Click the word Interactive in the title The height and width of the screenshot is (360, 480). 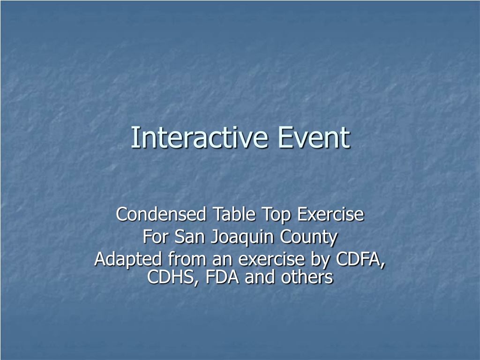click(x=200, y=137)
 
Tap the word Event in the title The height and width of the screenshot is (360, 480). click(x=314, y=137)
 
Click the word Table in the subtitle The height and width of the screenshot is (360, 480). click(x=234, y=214)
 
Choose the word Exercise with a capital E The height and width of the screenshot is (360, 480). click(x=330, y=214)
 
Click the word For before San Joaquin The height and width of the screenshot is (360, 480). click(x=155, y=237)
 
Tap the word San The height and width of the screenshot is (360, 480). click(x=189, y=237)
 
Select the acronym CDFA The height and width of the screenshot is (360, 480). click(x=360, y=259)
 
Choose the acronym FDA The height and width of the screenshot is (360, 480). click(x=222, y=277)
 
